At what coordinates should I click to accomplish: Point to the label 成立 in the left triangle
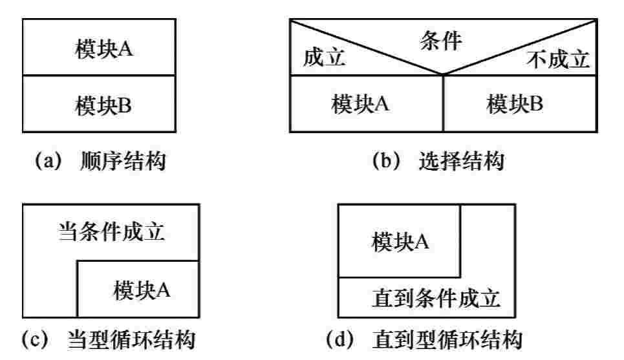click(x=325, y=59)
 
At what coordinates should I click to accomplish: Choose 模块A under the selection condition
click(x=360, y=103)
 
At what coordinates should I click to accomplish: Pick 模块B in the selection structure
click(x=515, y=103)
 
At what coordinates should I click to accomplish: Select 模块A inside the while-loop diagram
click(x=142, y=290)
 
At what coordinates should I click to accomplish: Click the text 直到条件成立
click(x=437, y=299)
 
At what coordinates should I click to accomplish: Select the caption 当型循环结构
click(x=132, y=341)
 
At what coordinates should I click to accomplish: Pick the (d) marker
click(x=343, y=341)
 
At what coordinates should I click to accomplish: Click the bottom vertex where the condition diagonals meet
click(x=443, y=76)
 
